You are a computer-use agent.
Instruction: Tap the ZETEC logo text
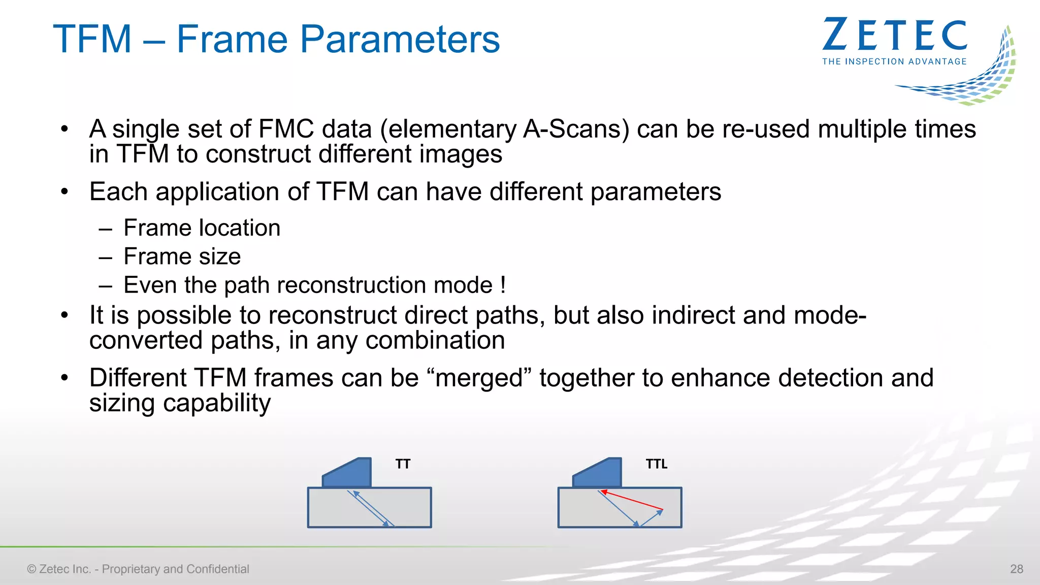(x=895, y=35)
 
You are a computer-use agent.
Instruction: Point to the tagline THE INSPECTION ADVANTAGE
(x=894, y=61)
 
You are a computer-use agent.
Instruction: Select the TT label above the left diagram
(x=403, y=464)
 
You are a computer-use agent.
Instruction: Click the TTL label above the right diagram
(x=656, y=464)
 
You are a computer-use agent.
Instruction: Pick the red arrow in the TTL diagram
(x=632, y=500)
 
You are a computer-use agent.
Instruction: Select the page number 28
(x=1017, y=569)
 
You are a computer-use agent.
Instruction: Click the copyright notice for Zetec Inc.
(x=138, y=569)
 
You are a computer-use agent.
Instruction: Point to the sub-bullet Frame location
(x=202, y=228)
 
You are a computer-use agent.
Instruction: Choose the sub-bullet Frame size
(x=182, y=256)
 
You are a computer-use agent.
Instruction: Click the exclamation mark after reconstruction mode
(x=503, y=285)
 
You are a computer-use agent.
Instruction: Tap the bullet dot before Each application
(x=64, y=192)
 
